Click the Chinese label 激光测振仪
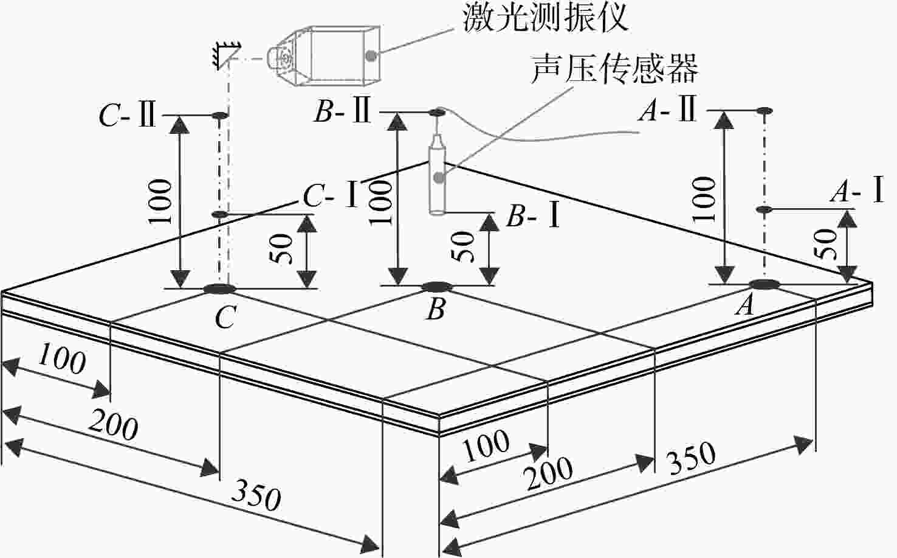click(545, 18)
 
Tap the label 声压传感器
click(614, 69)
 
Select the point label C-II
click(128, 116)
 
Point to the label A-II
click(667, 109)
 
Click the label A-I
click(857, 191)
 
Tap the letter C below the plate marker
click(225, 316)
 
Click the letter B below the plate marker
click(436, 309)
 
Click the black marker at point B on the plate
click(438, 287)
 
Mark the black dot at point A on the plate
click(765, 284)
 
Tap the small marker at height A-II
click(765, 111)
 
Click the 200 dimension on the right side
click(549, 474)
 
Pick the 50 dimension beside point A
click(826, 244)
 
